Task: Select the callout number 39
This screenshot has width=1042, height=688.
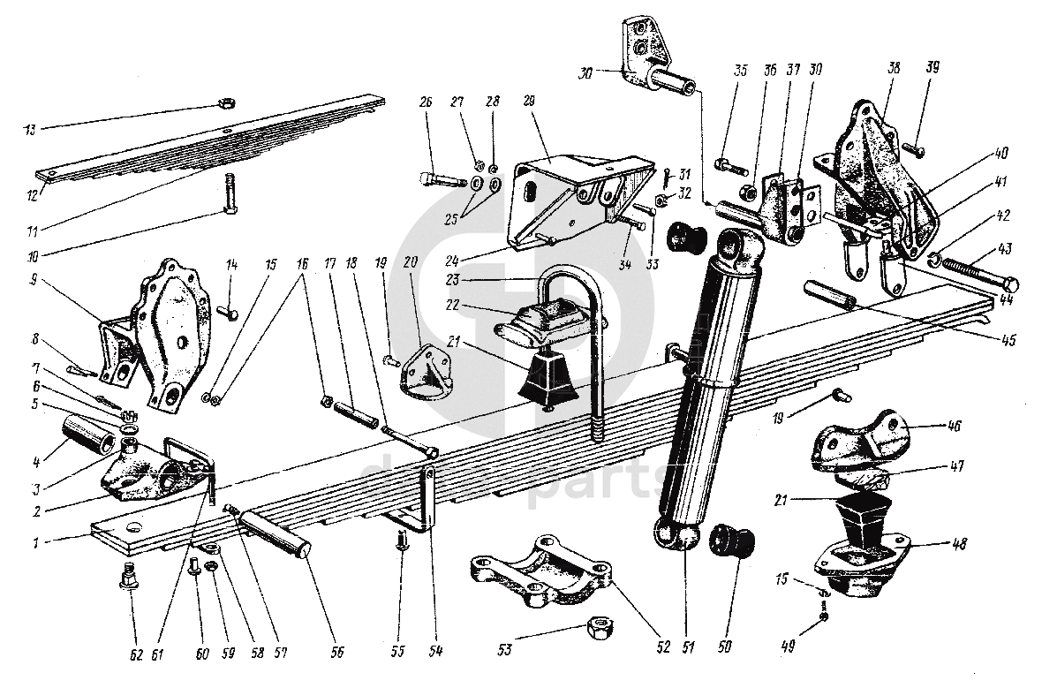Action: pyautogui.click(x=933, y=68)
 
